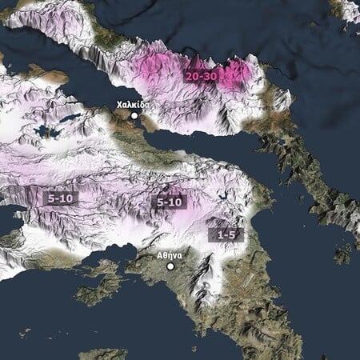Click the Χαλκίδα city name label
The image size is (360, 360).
point(133,105)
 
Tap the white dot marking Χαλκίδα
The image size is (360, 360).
point(135,116)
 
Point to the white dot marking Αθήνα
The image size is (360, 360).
point(170,266)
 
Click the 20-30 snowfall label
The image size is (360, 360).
point(200,76)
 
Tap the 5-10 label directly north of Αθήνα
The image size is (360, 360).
point(169,202)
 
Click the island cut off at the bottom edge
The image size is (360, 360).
point(102,354)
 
